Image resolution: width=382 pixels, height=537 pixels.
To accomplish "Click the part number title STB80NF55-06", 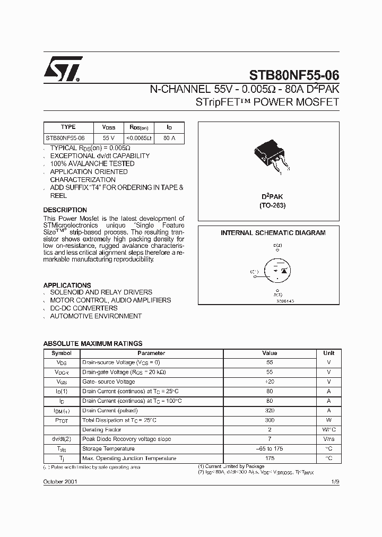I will (294, 75).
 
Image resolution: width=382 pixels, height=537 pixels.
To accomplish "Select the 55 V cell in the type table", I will (108, 138).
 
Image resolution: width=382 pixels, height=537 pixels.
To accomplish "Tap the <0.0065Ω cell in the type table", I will (138, 138).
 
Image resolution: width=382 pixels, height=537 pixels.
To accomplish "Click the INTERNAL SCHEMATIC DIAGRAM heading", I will (273, 233).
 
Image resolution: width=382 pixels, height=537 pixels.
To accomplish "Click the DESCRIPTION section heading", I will (65, 210).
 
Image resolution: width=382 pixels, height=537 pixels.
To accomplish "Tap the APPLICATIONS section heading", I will (67, 285).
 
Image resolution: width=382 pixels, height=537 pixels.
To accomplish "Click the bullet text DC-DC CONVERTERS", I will (84, 308).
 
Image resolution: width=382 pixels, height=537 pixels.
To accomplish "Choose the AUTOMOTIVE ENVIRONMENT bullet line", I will (95, 316).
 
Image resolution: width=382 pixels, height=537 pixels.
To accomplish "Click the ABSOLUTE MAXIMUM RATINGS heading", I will (92, 344).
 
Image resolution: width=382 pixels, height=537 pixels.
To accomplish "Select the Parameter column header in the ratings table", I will (151, 353).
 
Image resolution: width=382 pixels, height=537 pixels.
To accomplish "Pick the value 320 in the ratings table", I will (270, 411).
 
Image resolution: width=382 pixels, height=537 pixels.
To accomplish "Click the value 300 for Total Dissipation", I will (270, 420).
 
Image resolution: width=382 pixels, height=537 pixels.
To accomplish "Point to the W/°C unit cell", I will (328, 430).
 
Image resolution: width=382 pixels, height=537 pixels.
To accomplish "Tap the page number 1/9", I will (335, 481).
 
